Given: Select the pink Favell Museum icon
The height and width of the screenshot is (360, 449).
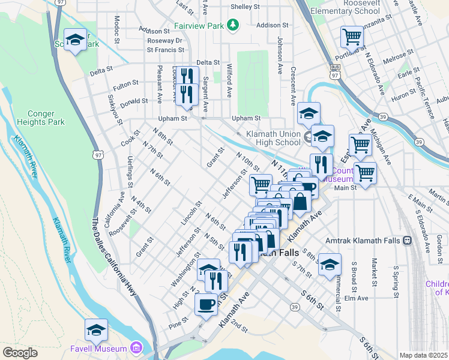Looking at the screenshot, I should (136, 348).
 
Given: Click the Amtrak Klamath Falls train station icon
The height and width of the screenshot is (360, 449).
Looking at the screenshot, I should (408, 241).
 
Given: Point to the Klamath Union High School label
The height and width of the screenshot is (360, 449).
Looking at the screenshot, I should (273, 138).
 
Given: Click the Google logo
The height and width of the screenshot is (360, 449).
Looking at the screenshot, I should (20, 353).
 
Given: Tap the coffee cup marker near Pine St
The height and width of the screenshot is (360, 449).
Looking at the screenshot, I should (206, 304).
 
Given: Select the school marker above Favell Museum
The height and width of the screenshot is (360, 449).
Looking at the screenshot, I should (96, 329).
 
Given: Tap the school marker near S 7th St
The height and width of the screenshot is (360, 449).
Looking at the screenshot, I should (330, 264).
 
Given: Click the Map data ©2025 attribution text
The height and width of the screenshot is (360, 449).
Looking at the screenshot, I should (423, 355).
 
